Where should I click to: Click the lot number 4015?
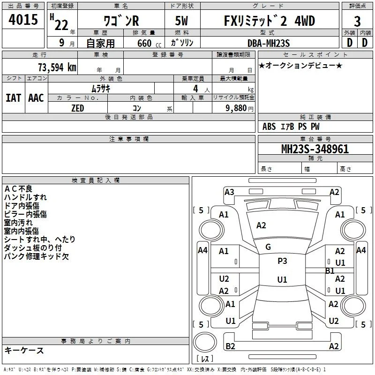(23, 19)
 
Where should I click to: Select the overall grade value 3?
(357, 22)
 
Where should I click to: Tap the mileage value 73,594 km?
(57, 67)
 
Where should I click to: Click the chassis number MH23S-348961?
(315, 149)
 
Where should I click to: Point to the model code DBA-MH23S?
(269, 43)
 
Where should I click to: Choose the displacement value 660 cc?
(149, 44)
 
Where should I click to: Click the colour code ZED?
(78, 108)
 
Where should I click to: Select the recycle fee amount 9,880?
(236, 108)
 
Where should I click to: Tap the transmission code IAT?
(13, 98)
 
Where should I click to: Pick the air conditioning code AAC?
(36, 98)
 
